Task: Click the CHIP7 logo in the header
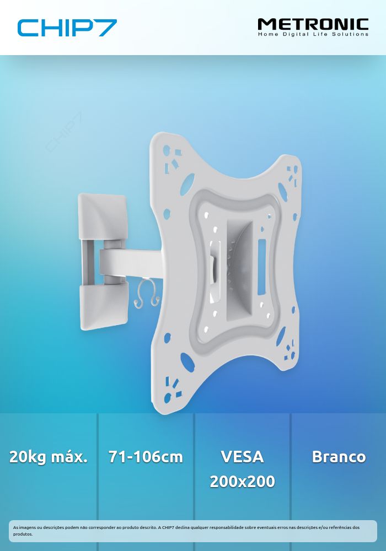coord(67,28)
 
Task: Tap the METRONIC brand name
coord(313,25)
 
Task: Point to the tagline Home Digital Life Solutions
coord(313,34)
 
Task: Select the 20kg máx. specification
coord(48,457)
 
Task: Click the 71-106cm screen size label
coord(146,457)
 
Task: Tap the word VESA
coord(242,457)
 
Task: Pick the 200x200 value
coord(242,482)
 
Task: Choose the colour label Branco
coord(339,457)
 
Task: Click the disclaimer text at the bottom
coord(186,531)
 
